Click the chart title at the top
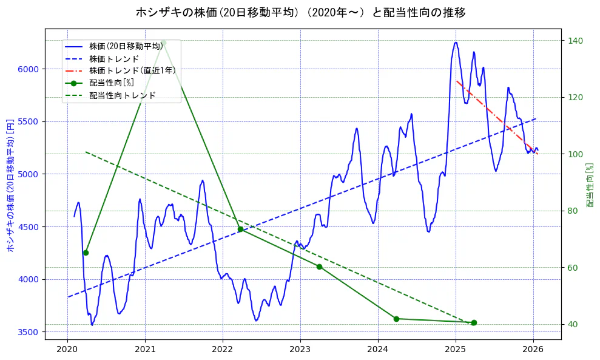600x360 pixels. pyautogui.click(x=300, y=12)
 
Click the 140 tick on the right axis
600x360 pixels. pyautogui.click(x=575, y=41)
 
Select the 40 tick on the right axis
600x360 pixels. pyautogui.click(x=573, y=324)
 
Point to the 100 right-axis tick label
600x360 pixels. pyautogui.click(x=575, y=154)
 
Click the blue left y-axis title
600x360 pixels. pyautogui.click(x=10, y=185)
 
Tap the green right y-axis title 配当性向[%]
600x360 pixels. pyautogui.click(x=589, y=185)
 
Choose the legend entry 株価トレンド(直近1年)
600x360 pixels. pyautogui.click(x=132, y=70)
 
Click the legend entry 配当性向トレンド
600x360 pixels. pyautogui.click(x=122, y=95)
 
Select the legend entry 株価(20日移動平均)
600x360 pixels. pyautogui.click(x=126, y=46)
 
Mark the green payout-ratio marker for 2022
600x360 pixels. pyautogui.click(x=241, y=229)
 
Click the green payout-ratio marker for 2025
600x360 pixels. pyautogui.click(x=474, y=322)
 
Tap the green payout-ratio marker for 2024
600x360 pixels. pyautogui.click(x=396, y=319)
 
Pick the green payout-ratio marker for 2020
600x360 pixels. pyautogui.click(x=86, y=253)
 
